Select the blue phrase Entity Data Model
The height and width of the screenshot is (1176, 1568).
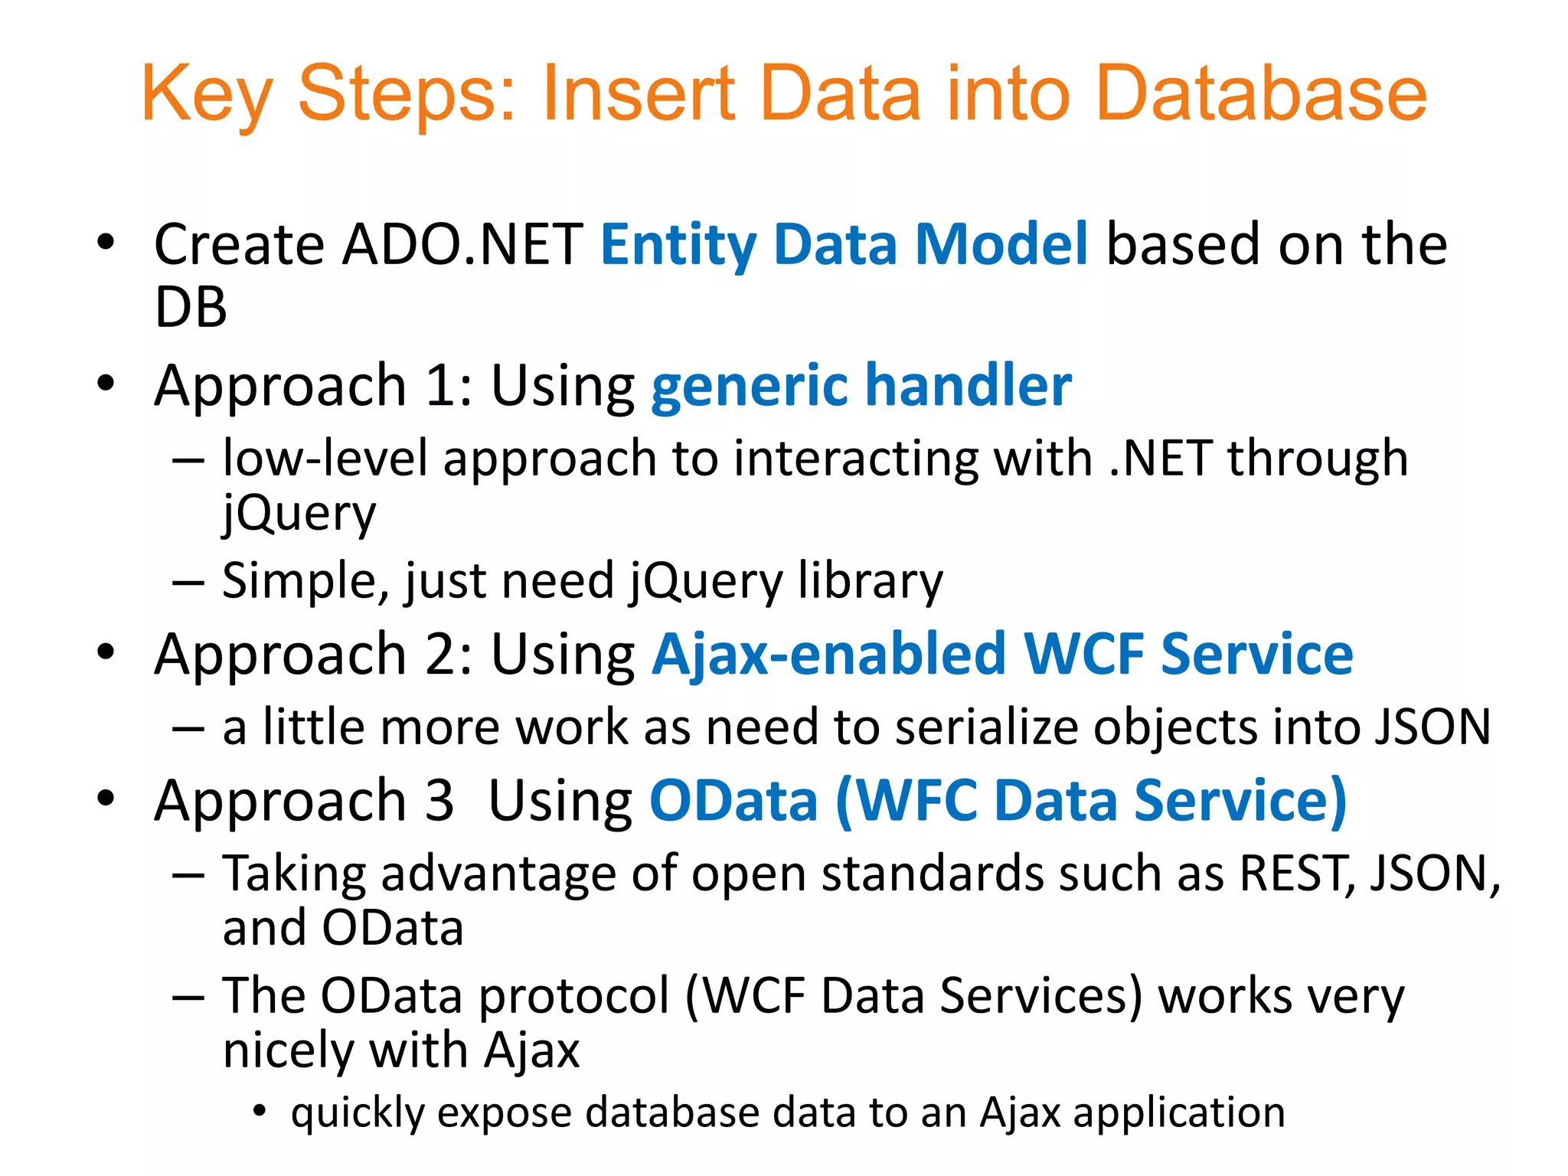(x=843, y=245)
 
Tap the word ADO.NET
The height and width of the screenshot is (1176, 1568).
(x=463, y=245)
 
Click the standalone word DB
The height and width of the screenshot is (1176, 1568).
(x=191, y=308)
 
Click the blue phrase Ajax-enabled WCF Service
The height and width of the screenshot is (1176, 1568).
(x=1001, y=655)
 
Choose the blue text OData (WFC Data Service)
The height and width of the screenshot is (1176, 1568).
(x=998, y=801)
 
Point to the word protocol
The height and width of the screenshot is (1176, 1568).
(x=574, y=996)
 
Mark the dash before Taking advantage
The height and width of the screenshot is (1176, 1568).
(x=188, y=874)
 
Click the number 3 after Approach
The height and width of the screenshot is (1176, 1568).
(x=439, y=801)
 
